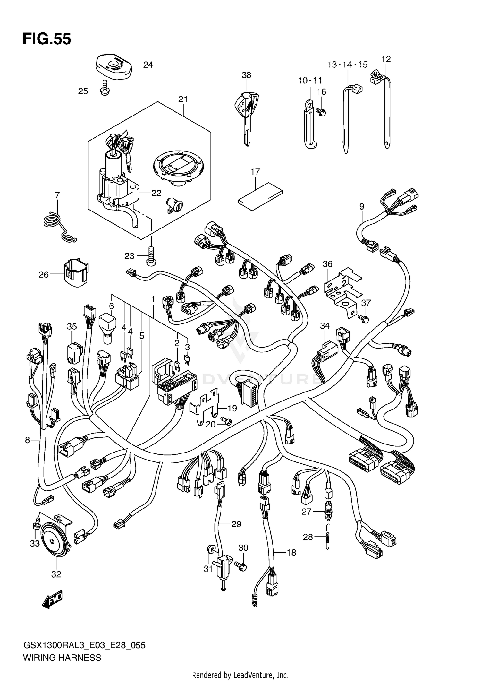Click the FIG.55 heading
47,39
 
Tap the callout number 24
148,65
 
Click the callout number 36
327,264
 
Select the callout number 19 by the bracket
232,408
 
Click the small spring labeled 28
327,537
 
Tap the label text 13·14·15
347,65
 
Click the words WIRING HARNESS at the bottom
62,658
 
